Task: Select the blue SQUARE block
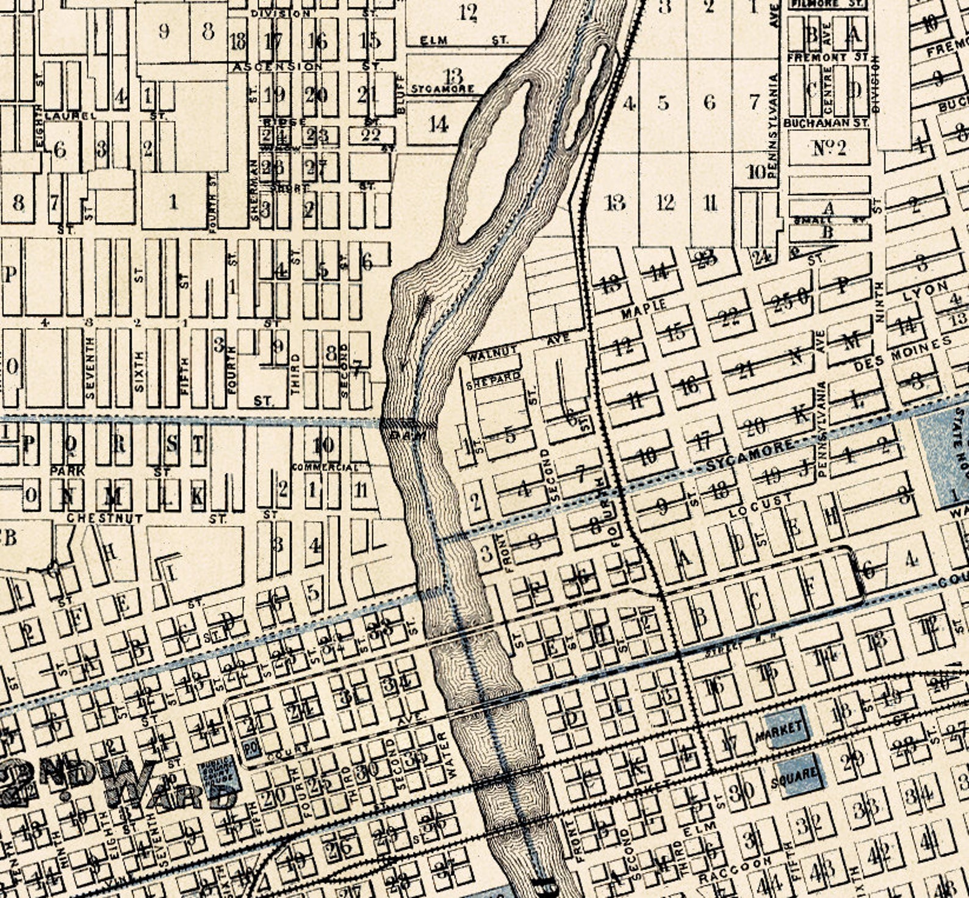[797, 775]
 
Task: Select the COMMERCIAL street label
[325, 467]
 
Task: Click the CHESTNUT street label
[104, 519]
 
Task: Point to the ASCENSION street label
[278, 66]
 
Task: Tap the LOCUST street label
[760, 506]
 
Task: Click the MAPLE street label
[644, 309]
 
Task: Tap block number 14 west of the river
[438, 124]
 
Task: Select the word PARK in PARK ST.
[68, 471]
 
